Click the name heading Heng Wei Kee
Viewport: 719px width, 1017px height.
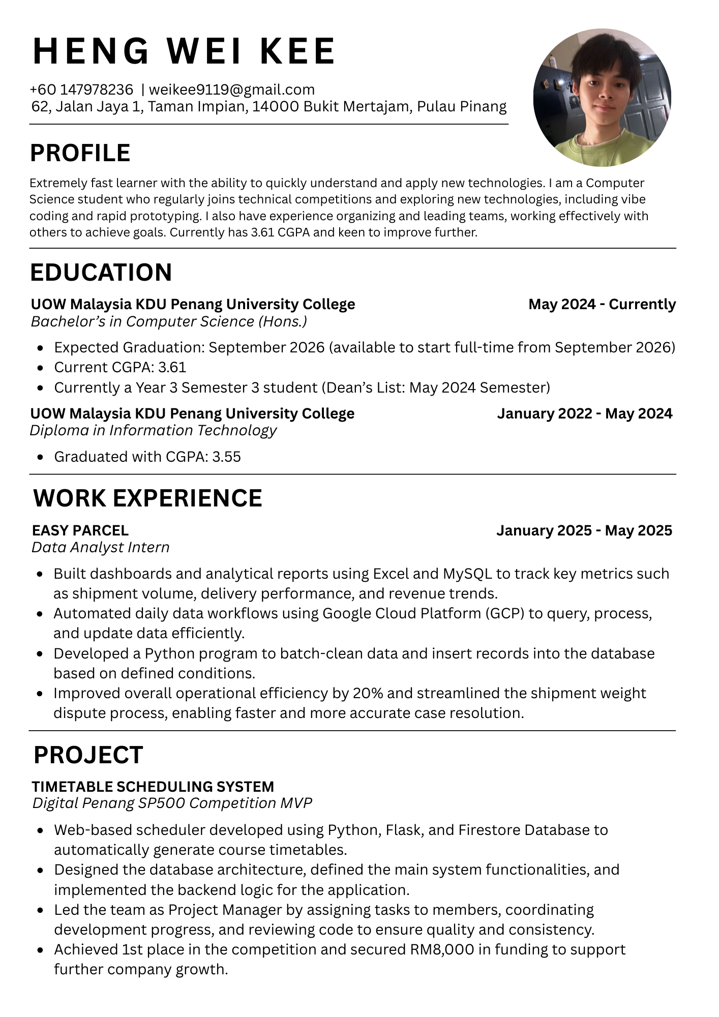point(184,51)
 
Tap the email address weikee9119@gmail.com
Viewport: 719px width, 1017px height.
point(232,89)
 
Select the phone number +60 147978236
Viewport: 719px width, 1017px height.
point(81,89)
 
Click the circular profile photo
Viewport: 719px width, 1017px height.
point(602,98)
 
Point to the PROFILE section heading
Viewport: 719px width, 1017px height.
point(80,153)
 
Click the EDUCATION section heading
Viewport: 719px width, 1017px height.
point(101,273)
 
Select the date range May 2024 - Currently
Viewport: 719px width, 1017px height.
point(602,304)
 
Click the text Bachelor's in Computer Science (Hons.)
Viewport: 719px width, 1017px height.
point(169,321)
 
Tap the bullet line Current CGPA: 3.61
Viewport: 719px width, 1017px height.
point(120,367)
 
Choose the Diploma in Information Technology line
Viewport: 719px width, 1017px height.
point(153,430)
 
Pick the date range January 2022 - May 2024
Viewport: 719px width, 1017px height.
point(585,413)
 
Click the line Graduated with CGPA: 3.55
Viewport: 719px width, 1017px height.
point(147,457)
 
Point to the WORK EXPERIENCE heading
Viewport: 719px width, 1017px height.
point(148,498)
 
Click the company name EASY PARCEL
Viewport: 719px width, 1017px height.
point(80,530)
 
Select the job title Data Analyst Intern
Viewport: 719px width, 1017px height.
point(101,547)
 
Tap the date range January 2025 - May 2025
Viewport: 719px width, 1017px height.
point(584,530)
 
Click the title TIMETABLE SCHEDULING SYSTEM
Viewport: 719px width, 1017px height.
point(153,787)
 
